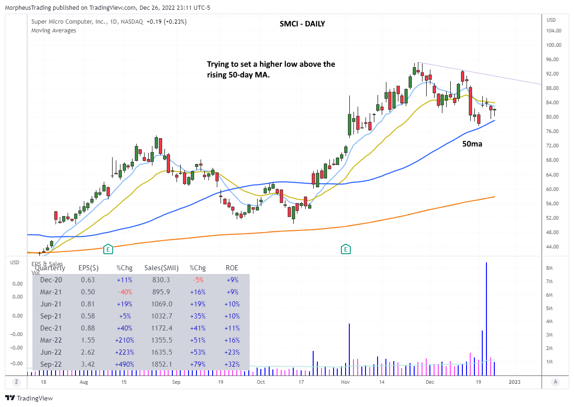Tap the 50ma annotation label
[x=473, y=144]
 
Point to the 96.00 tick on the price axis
[x=554, y=60]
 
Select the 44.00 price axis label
[x=554, y=247]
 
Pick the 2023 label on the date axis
[x=515, y=382]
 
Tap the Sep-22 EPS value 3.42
[x=88, y=364]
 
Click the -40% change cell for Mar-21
[x=124, y=292]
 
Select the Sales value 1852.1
[x=162, y=364]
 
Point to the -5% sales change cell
[x=197, y=280]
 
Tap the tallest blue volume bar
[x=486, y=315]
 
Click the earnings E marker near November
[x=346, y=249]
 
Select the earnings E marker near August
[x=108, y=249]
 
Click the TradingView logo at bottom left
[x=29, y=398]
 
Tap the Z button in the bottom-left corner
[x=16, y=382]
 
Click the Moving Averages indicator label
[x=54, y=31]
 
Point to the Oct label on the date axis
[x=261, y=382]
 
